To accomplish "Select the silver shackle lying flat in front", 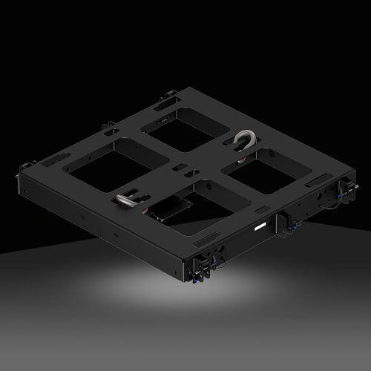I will coord(128,200).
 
